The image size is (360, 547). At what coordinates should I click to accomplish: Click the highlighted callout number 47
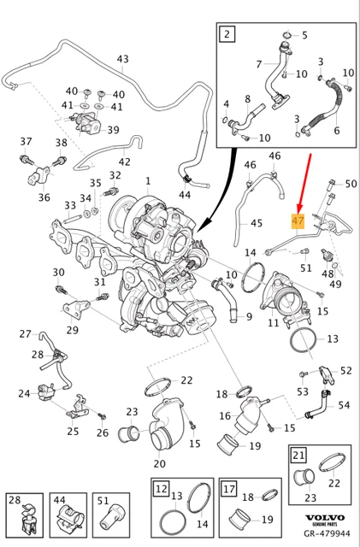click(298, 221)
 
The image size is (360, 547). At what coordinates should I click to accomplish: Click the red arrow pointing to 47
click(304, 183)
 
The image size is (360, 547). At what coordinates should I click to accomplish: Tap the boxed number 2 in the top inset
click(227, 34)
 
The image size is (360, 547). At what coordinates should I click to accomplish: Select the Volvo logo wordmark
click(325, 518)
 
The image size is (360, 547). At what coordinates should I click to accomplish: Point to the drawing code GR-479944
click(326, 533)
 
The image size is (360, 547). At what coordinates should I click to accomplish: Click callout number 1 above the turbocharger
click(148, 180)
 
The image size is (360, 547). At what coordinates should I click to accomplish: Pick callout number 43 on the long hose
click(122, 59)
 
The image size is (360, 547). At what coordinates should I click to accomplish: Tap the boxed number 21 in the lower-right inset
click(299, 456)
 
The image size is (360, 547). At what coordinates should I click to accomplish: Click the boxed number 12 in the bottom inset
click(162, 488)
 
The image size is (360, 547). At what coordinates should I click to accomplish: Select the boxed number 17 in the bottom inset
click(229, 488)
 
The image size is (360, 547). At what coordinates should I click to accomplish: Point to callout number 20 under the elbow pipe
click(159, 463)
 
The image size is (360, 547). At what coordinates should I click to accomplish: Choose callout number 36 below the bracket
click(44, 197)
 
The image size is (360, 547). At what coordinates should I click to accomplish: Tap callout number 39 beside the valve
click(113, 130)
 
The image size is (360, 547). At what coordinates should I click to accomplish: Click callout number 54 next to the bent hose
click(344, 405)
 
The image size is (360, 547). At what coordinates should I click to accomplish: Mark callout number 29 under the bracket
click(72, 330)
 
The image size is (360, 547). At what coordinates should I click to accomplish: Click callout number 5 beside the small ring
click(304, 35)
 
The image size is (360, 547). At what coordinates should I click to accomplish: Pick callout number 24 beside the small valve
click(25, 393)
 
